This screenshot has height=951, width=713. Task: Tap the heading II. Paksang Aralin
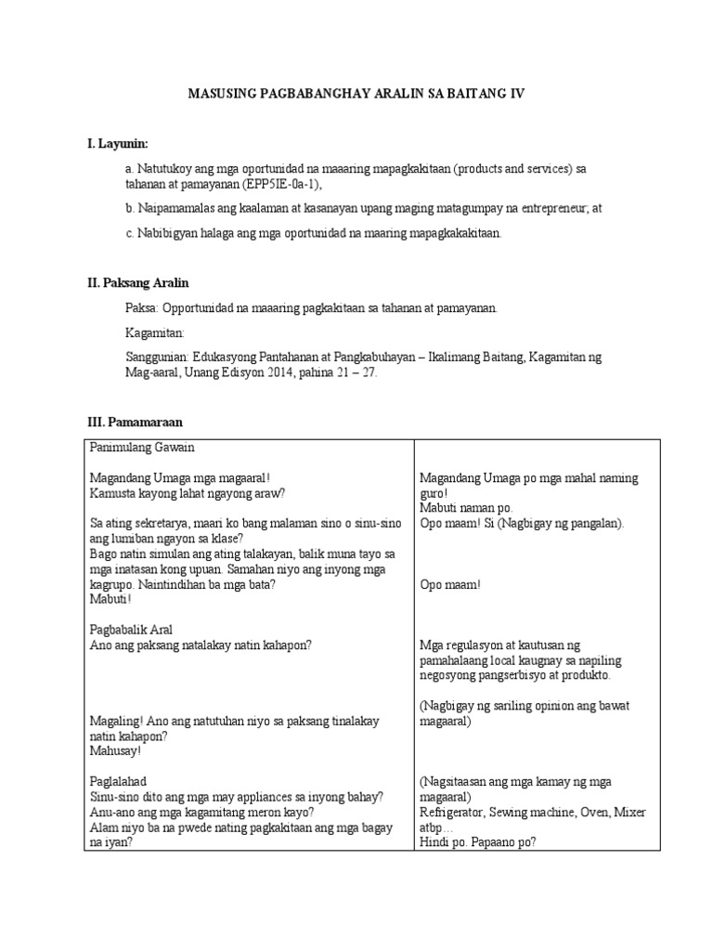(x=138, y=282)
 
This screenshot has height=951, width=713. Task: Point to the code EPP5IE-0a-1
(x=279, y=185)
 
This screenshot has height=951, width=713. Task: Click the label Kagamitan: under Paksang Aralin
(x=155, y=332)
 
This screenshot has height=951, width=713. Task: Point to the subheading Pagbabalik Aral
(x=133, y=629)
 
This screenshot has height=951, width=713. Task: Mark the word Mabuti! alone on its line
(x=110, y=599)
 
